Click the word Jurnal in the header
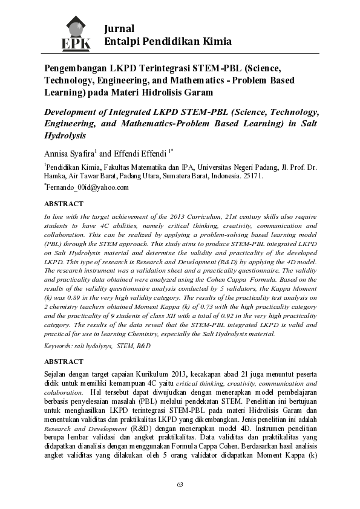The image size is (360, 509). click(x=119, y=28)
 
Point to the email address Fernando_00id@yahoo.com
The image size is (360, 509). click(x=88, y=187)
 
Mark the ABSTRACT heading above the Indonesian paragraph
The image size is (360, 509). click(x=64, y=361)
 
